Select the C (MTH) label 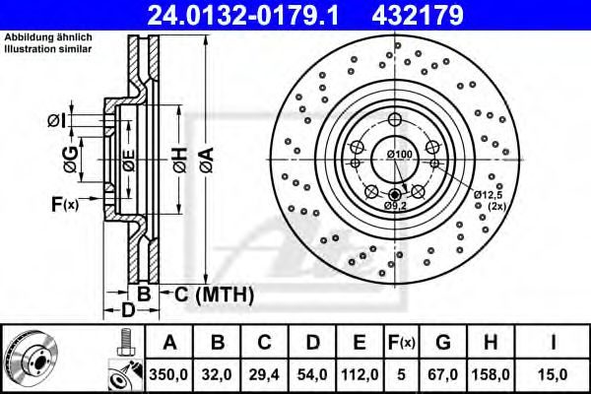213,294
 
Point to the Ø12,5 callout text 486,196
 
